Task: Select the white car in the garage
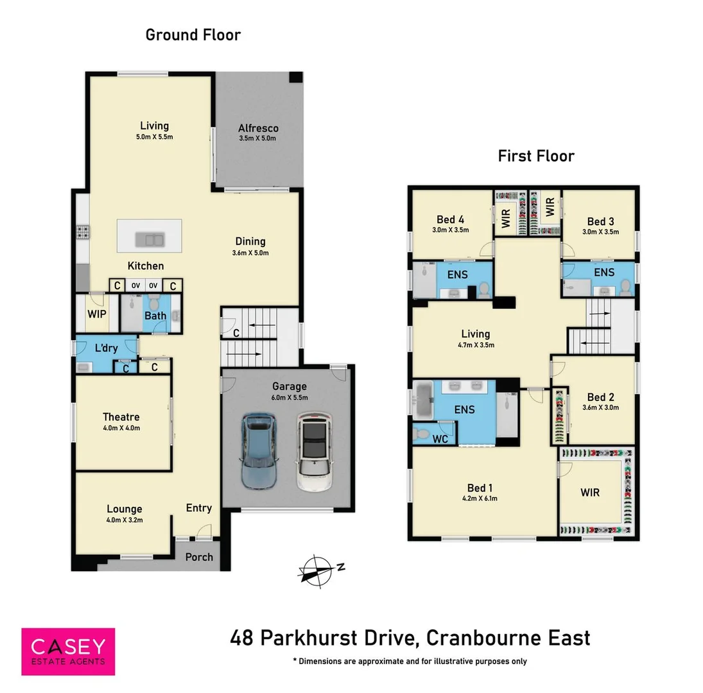(x=315, y=452)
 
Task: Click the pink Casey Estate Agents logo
(x=68, y=651)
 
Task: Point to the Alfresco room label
(x=258, y=128)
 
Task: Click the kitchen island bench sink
(x=150, y=241)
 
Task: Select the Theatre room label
(x=121, y=417)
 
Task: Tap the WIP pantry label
(x=96, y=315)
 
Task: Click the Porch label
(x=199, y=556)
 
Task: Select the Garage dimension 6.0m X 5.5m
(x=289, y=398)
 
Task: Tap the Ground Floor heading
(x=193, y=35)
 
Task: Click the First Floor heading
(x=536, y=155)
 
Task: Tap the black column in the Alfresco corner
(x=295, y=77)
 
